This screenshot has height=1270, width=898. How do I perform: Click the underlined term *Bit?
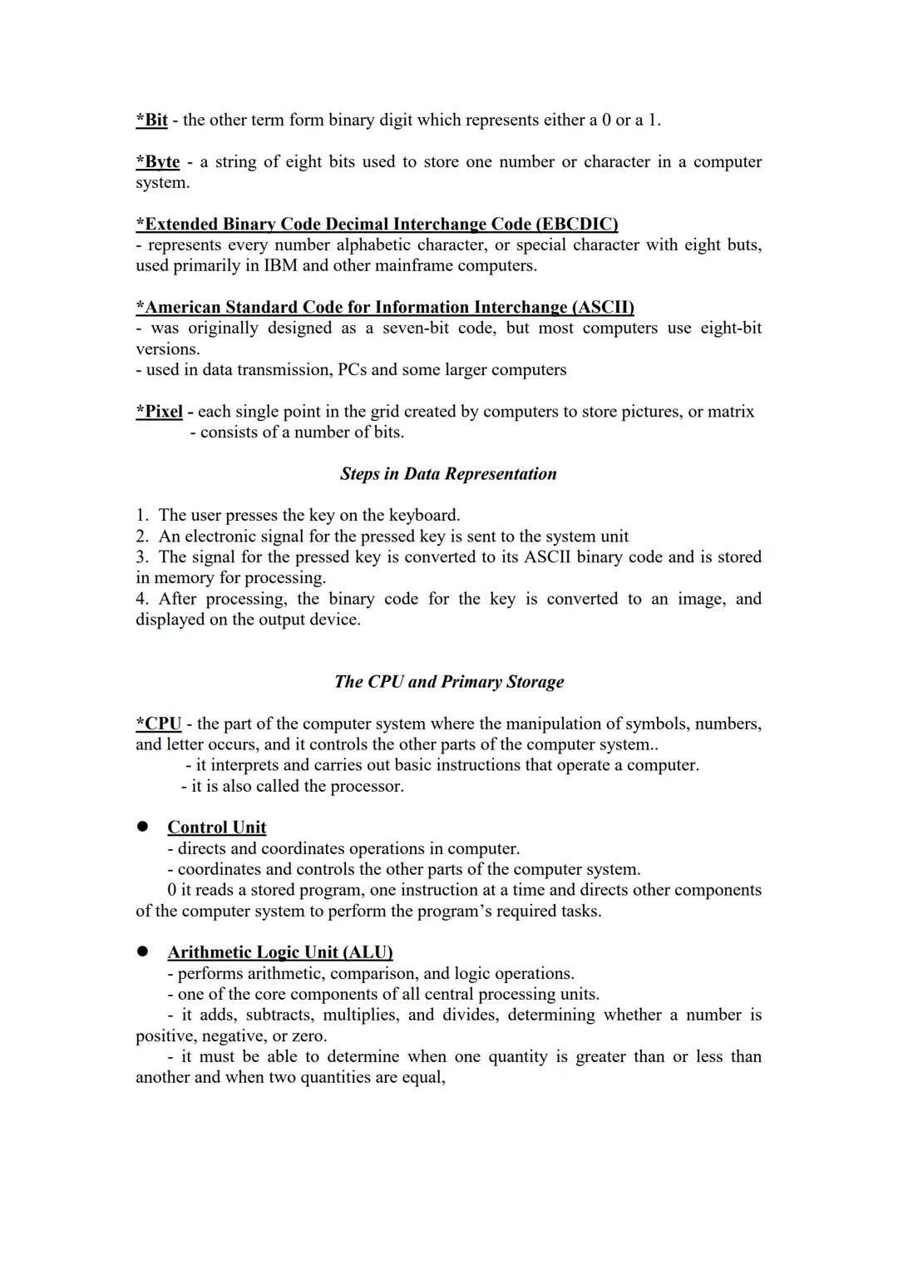coord(151,120)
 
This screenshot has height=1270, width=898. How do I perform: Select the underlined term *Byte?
coord(157,161)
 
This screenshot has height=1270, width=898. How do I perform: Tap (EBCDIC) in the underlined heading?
coord(576,225)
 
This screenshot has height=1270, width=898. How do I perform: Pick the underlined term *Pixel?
coord(160,412)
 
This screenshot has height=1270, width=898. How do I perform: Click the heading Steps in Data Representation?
coord(448,474)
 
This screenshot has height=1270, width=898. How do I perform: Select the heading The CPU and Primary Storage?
coord(448,682)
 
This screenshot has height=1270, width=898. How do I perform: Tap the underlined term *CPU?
coord(159,724)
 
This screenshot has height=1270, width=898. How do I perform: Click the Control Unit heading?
coord(216,828)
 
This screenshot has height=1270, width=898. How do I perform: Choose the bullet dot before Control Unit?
coord(142,827)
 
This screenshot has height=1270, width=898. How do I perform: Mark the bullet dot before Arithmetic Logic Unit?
coord(142,951)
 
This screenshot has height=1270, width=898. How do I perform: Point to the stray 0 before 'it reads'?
coord(172,890)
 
